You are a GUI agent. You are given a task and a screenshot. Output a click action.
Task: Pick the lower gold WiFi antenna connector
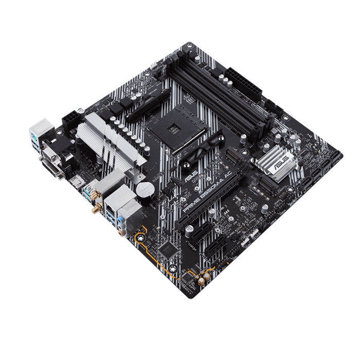96,209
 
